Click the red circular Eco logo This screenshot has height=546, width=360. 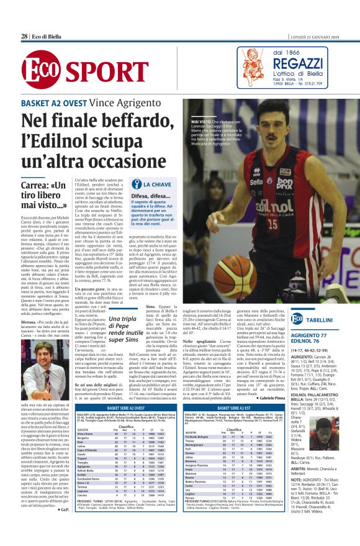coord(39,67)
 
